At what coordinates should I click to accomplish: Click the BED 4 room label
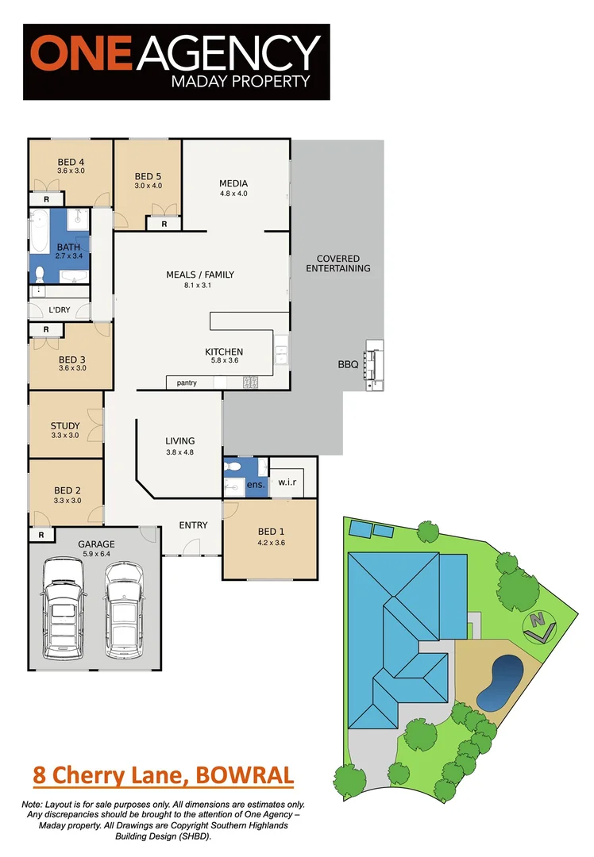71,161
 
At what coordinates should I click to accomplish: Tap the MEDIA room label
233,184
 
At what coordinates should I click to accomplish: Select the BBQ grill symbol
374,365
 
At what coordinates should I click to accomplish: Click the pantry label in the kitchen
187,383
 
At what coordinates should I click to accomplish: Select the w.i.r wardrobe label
286,482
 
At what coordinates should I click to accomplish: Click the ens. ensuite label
256,484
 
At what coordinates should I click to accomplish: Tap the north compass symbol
539,626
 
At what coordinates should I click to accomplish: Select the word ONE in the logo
75,53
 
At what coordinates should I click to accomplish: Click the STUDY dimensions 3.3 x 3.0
65,435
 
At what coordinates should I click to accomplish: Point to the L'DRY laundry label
60,309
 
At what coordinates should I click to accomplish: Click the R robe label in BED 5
164,225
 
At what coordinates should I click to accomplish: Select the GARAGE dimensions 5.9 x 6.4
95,553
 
